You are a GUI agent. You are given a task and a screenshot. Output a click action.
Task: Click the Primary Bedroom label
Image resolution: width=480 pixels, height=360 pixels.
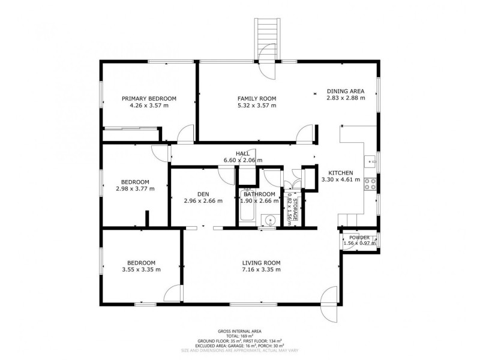click(x=149, y=98)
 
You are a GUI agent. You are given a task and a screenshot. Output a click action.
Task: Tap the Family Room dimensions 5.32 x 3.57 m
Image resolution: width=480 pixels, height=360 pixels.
click(x=257, y=106)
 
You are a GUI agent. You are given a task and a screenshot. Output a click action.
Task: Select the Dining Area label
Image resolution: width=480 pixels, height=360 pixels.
click(x=346, y=91)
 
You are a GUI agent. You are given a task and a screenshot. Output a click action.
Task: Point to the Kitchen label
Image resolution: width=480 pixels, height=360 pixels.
click(x=341, y=173)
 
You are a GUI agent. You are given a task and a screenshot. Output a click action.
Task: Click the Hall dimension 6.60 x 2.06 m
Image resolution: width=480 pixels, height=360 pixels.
click(x=243, y=160)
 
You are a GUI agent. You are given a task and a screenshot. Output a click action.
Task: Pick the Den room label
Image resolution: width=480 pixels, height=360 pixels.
click(x=203, y=194)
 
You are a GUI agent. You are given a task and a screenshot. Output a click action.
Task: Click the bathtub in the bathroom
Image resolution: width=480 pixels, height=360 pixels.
click(x=247, y=205)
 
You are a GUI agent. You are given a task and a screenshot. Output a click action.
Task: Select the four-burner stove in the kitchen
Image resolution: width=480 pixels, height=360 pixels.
click(x=370, y=184)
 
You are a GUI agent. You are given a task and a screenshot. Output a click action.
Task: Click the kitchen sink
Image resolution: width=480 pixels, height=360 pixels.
click(x=370, y=160)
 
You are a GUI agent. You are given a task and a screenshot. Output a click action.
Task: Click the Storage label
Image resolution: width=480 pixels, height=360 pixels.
click(x=295, y=209)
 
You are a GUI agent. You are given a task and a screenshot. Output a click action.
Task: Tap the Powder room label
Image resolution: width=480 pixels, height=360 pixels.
click(x=359, y=238)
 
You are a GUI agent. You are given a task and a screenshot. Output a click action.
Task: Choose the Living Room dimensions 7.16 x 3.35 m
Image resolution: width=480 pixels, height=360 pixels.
click(x=261, y=269)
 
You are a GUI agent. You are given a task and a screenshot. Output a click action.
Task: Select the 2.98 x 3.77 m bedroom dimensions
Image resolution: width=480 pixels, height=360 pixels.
click(x=135, y=189)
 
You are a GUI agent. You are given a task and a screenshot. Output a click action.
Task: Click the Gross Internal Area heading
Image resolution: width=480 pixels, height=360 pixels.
click(x=239, y=331)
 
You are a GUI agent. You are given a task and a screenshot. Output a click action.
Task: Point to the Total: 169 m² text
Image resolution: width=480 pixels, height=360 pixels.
click(x=239, y=336)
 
